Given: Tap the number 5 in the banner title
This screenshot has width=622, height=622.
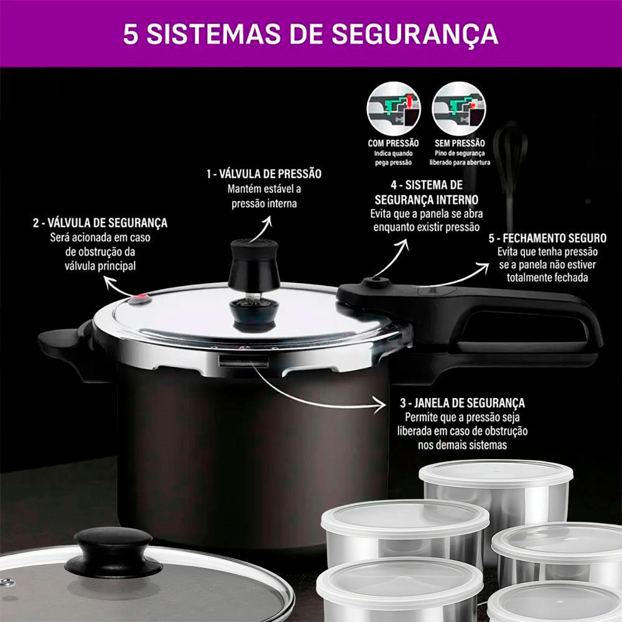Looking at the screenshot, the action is pyautogui.click(x=131, y=34).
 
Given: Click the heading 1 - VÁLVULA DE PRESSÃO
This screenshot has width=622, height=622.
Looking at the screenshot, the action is pyautogui.click(x=264, y=174).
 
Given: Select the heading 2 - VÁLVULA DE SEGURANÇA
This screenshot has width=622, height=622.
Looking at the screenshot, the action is pyautogui.click(x=100, y=223).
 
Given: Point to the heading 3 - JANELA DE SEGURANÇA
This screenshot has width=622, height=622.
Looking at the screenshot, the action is pyautogui.click(x=462, y=403).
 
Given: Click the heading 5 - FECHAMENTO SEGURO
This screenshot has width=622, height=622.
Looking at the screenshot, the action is pyautogui.click(x=547, y=238).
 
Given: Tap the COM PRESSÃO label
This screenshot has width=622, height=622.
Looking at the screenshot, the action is pyautogui.click(x=393, y=143).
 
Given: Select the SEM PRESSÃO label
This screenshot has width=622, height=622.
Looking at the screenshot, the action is pyautogui.click(x=460, y=143).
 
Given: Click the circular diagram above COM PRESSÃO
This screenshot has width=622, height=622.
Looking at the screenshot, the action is pyautogui.click(x=394, y=109).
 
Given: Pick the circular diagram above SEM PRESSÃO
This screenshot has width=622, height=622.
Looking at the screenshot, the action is pyautogui.click(x=459, y=109).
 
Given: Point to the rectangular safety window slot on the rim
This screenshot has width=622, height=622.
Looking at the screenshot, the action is pyautogui.click(x=244, y=361).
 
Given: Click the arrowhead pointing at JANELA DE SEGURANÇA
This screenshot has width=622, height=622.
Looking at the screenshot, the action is pyautogui.click(x=379, y=406).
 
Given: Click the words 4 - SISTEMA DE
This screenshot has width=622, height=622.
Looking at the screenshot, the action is pyautogui.click(x=427, y=185).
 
